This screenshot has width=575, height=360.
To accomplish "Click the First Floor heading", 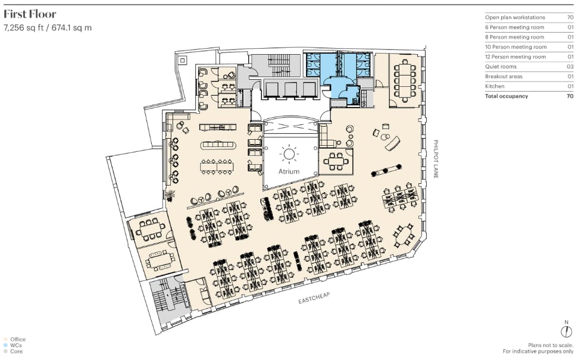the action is [30, 14].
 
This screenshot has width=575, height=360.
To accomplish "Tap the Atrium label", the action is [289, 171].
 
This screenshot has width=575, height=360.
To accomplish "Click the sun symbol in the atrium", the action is [289, 154].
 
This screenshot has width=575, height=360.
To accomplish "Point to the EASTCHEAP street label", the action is [314, 298].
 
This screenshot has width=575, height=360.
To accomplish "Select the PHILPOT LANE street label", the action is [436, 159].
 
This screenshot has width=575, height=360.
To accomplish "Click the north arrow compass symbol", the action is [566, 329].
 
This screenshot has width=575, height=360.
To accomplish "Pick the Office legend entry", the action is [15, 339].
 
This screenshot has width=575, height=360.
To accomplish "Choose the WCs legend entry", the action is [13, 345].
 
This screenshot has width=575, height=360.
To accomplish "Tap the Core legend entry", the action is [13, 351].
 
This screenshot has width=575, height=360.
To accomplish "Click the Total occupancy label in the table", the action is [507, 96].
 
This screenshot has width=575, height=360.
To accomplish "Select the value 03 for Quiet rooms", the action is [570, 67].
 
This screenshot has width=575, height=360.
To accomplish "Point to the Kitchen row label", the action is [495, 86].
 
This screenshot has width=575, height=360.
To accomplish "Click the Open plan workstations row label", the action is [515, 17].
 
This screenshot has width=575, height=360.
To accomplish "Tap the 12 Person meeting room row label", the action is [515, 57].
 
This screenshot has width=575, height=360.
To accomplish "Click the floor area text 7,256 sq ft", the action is [23, 28].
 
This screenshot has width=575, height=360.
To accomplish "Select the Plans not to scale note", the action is [551, 345].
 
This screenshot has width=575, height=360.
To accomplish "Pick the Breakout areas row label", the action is [504, 76].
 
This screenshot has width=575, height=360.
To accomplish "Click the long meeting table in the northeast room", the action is [405, 80].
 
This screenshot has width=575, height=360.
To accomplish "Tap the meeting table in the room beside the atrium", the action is [335, 161].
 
